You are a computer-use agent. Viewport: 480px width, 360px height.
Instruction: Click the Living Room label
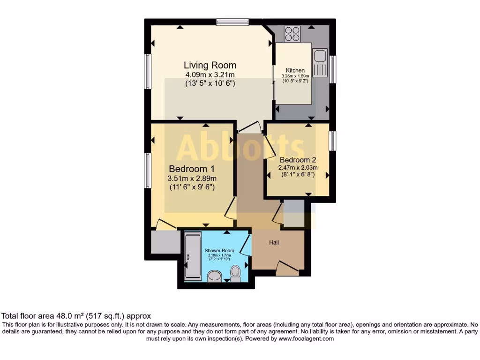[210, 65]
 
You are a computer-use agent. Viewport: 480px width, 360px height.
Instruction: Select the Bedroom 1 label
[192, 169]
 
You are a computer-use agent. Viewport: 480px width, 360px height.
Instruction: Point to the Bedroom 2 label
[299, 159]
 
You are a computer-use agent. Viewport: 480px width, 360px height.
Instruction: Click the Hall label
[274, 242]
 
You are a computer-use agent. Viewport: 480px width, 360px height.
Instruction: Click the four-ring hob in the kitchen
[292, 33]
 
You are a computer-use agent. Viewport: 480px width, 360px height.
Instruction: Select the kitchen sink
[321, 63]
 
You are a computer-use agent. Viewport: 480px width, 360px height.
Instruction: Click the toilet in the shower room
[235, 273]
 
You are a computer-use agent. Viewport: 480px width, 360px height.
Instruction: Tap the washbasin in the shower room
[215, 276]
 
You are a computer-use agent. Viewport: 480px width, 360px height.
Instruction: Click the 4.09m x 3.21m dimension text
[210, 75]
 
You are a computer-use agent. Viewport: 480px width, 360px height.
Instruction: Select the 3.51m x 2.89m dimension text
[192, 178]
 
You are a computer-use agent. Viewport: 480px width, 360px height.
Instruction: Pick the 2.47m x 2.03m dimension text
[299, 168]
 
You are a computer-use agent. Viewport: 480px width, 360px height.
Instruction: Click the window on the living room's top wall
[232, 21]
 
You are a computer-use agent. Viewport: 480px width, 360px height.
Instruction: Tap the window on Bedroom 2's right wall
[332, 141]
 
